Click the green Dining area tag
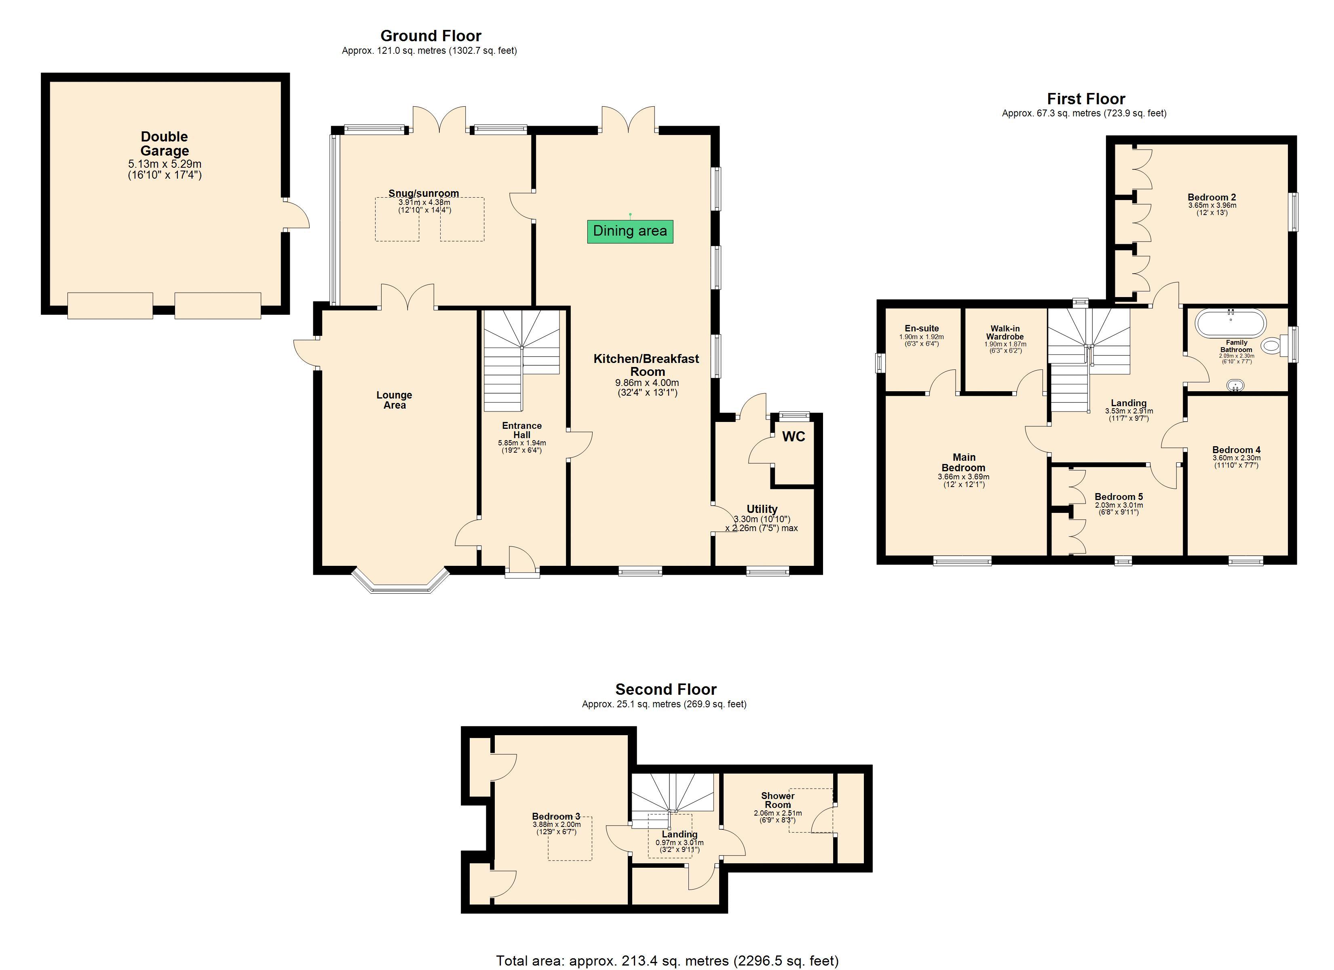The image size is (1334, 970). click(629, 231)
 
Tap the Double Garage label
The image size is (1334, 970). click(164, 143)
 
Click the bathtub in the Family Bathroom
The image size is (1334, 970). click(1230, 323)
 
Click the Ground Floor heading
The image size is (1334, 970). click(431, 36)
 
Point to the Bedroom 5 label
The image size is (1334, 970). click(1118, 496)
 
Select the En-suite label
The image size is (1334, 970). click(921, 328)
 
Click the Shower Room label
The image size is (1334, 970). click(778, 800)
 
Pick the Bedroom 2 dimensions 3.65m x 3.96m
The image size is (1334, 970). click(1212, 205)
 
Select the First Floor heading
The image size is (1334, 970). click(1086, 99)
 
